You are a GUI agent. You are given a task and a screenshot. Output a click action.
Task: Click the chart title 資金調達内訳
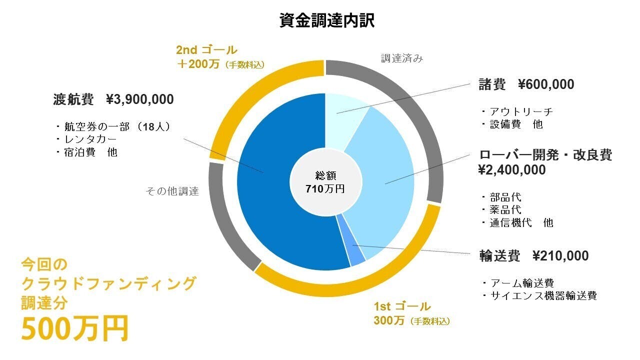click(x=327, y=21)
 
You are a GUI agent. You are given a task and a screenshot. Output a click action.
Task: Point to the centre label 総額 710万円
click(x=325, y=182)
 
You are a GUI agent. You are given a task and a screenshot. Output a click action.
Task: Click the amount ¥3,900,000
click(x=140, y=99)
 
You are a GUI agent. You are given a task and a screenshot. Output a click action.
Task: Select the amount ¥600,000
click(x=546, y=84)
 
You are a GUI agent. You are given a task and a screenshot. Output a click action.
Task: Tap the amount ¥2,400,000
click(x=512, y=170)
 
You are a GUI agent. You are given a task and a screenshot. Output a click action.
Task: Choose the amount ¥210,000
click(x=560, y=256)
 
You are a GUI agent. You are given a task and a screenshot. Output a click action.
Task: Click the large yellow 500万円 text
click(x=75, y=328)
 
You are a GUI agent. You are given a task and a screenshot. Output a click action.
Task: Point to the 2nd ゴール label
click(x=206, y=50)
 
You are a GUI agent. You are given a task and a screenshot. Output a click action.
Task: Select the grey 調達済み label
click(x=402, y=58)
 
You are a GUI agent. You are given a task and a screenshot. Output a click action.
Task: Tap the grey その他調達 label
click(x=172, y=191)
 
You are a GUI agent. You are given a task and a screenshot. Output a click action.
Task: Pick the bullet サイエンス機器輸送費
click(x=543, y=295)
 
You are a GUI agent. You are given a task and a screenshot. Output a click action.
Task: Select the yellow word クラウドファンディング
click(x=108, y=283)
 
